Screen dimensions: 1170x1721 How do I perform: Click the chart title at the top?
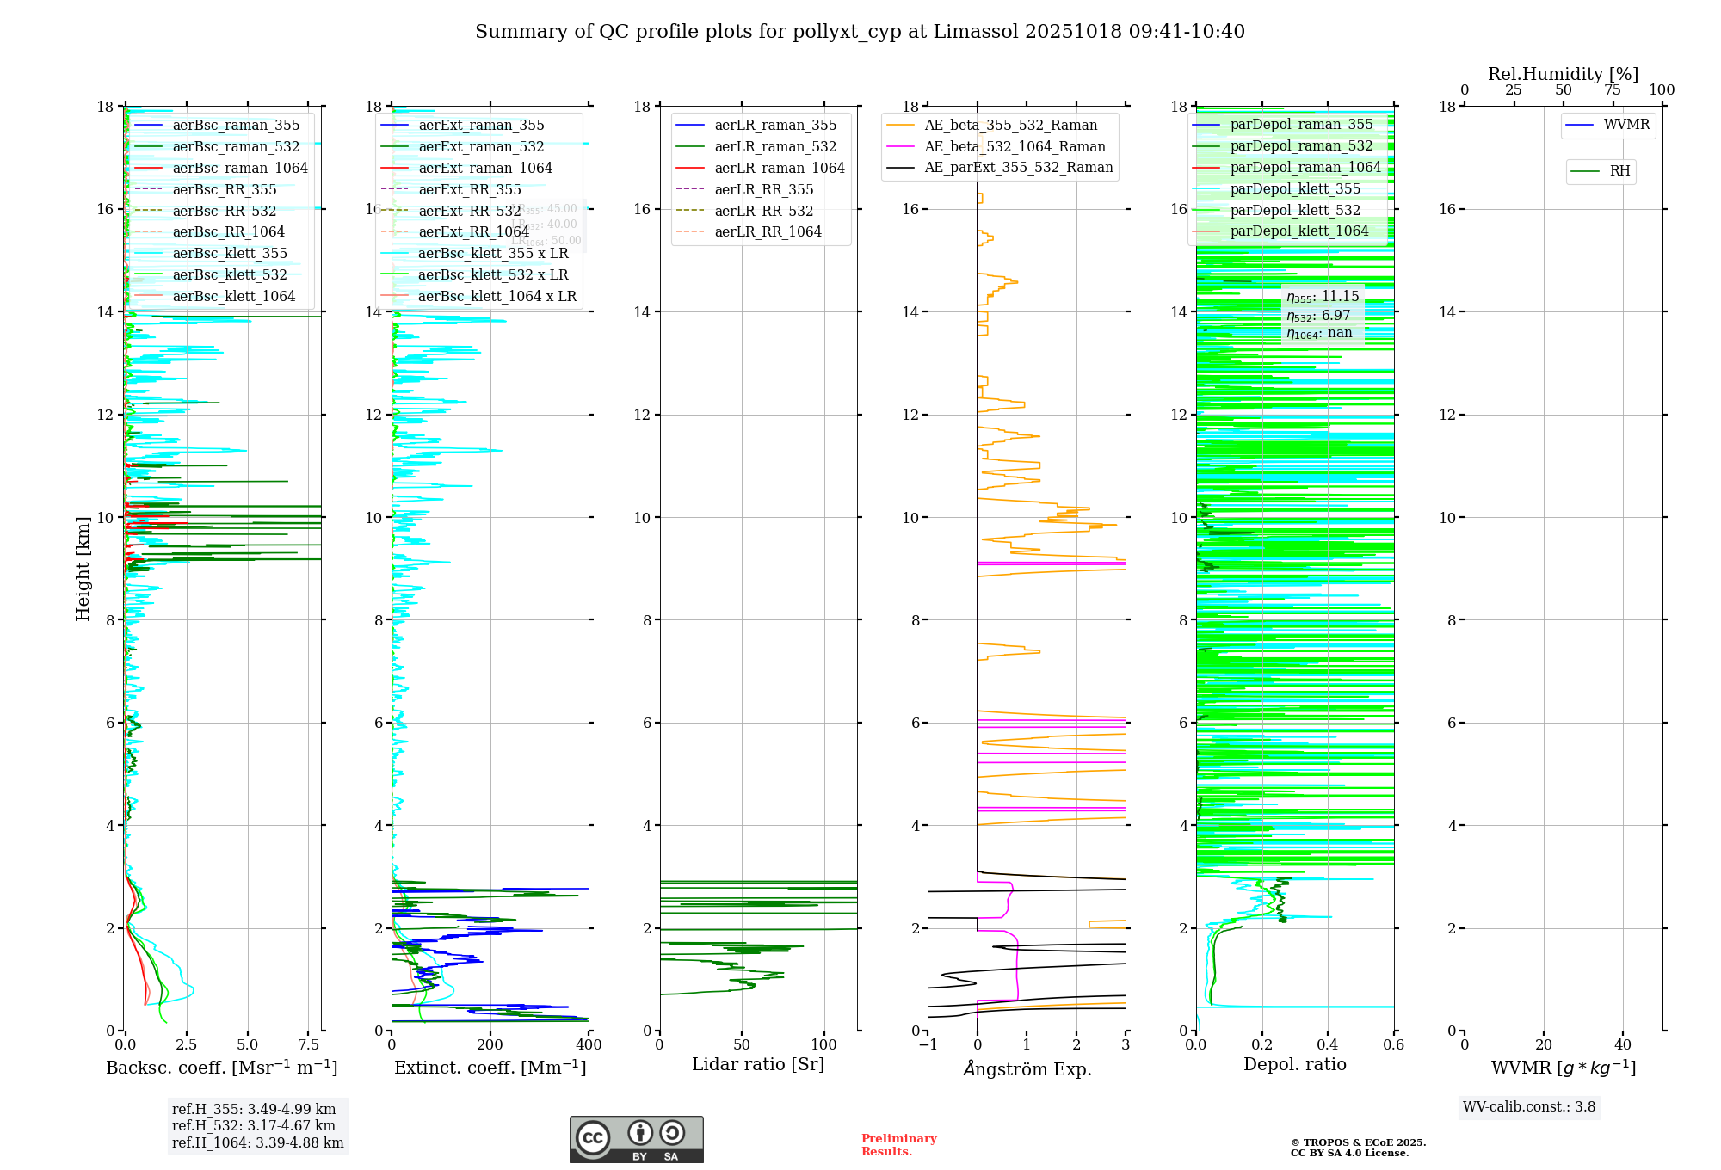click(860, 32)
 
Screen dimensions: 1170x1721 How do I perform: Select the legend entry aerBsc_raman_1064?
click(239, 168)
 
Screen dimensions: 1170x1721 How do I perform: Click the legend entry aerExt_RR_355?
click(469, 189)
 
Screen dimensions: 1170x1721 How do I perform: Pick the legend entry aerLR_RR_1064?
click(768, 231)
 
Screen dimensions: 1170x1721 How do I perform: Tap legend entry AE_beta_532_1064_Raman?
click(1015, 146)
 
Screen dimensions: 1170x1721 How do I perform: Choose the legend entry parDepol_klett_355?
click(1295, 188)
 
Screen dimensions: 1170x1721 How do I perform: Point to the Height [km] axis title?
click(83, 568)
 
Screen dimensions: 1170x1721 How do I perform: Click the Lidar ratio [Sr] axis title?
click(758, 1064)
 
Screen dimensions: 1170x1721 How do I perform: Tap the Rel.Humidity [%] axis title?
click(1563, 74)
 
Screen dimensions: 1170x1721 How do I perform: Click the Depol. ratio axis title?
click(1294, 1064)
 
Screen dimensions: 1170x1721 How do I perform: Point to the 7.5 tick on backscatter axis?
click(309, 1045)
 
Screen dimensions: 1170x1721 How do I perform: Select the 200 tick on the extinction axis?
click(490, 1045)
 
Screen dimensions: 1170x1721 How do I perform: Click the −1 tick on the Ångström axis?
click(928, 1045)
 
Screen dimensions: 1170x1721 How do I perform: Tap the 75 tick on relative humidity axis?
click(1613, 90)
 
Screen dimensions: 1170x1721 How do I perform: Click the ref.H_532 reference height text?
click(254, 1125)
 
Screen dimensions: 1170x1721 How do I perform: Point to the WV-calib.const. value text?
click(1529, 1106)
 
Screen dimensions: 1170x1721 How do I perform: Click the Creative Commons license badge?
click(636, 1139)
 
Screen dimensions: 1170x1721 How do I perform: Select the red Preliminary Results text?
click(898, 1144)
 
